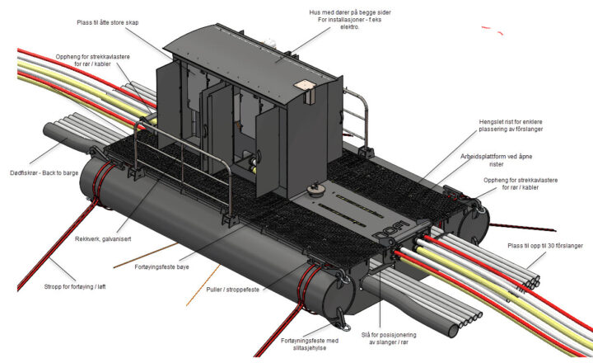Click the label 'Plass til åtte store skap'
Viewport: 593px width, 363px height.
pyautogui.click(x=108, y=23)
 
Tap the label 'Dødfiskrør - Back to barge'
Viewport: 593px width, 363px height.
pyautogui.click(x=44, y=173)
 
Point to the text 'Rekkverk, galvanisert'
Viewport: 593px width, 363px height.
pyautogui.click(x=103, y=239)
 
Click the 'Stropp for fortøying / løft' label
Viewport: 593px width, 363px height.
pyautogui.click(x=75, y=287)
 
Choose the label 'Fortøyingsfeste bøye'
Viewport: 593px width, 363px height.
pyautogui.click(x=161, y=267)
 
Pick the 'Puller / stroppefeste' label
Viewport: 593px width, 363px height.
pyautogui.click(x=233, y=290)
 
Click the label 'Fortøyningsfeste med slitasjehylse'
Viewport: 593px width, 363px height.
pyautogui.click(x=310, y=344)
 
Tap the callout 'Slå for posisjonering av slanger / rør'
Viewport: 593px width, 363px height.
pyautogui.click(x=389, y=338)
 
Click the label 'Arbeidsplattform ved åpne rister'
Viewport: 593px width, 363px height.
pyautogui.click(x=496, y=160)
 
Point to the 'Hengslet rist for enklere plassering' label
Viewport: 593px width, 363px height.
pyautogui.click(x=511, y=125)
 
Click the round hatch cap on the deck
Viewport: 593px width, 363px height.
pyautogui.click(x=314, y=189)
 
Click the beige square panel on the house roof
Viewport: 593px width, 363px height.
pyautogui.click(x=304, y=85)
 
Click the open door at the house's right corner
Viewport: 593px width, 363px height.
pyautogui.click(x=268, y=153)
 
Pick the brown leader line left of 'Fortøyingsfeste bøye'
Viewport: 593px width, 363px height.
pyautogui.click(x=146, y=256)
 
